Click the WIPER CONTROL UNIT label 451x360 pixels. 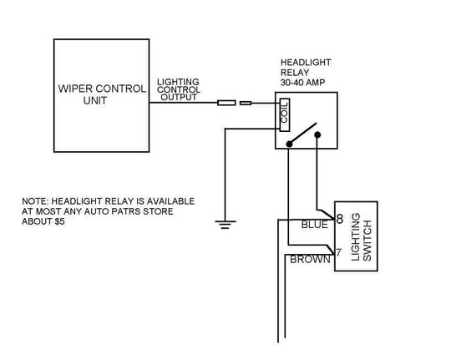[x=102, y=94]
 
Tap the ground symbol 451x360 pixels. [x=225, y=224]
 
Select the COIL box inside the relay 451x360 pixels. [x=285, y=114]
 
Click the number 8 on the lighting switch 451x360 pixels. [x=340, y=219]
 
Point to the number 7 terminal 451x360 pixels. [x=338, y=252]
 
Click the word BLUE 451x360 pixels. [x=314, y=225]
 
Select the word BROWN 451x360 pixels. [x=310, y=259]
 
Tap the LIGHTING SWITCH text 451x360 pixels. [x=362, y=237]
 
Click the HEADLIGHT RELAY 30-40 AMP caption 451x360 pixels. [x=306, y=73]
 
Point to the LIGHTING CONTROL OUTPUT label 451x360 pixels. [x=179, y=89]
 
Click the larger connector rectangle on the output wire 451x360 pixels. [x=226, y=103]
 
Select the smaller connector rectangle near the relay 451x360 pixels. [x=246, y=103]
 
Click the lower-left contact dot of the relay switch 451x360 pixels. [x=289, y=144]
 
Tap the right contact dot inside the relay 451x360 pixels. [x=317, y=134]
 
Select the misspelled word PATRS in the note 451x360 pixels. [x=125, y=211]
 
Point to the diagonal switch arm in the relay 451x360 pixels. [x=302, y=134]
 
